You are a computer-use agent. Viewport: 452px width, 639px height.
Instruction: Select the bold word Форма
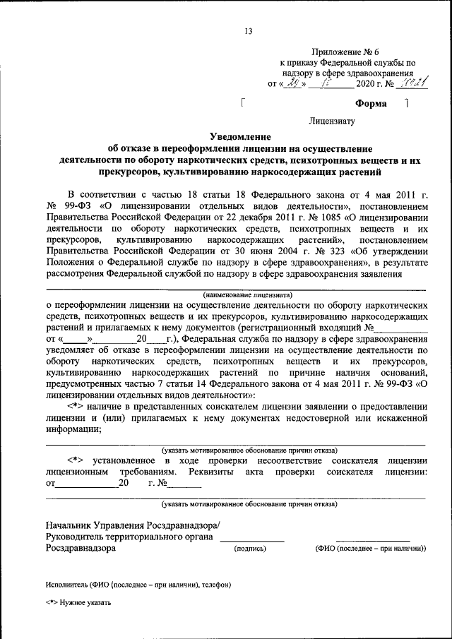tap(371, 104)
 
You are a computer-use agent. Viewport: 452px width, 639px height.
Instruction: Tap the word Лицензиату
tap(332, 121)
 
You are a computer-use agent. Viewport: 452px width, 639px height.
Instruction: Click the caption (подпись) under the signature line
tap(250, 549)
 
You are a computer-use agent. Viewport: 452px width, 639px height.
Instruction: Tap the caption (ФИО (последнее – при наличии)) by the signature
tap(370, 549)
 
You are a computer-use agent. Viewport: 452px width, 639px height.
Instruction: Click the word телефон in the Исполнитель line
tap(215, 584)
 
